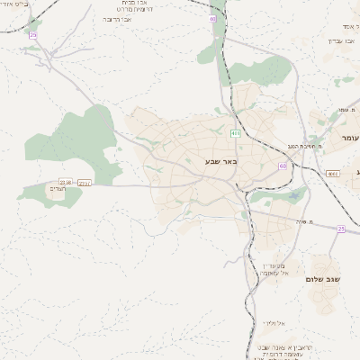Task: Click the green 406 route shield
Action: (236, 133)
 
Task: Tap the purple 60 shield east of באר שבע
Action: (283, 166)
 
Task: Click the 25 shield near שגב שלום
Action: (342, 229)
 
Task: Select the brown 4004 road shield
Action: (332, 173)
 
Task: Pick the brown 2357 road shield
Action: (84, 183)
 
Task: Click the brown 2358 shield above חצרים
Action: (65, 183)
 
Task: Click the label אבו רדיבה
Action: (116, 18)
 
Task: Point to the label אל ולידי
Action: (274, 322)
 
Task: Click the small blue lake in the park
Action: (294, 193)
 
